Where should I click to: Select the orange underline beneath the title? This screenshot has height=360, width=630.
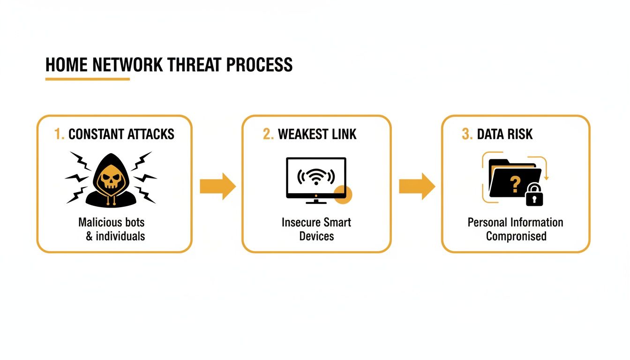[87, 79]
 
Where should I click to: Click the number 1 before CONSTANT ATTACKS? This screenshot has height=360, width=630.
[59, 135]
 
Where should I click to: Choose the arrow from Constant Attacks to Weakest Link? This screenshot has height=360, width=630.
[217, 186]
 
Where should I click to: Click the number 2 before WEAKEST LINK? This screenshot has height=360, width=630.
[268, 135]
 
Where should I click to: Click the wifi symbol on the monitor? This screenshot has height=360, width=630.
[316, 177]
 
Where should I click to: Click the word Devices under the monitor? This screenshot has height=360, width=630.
[316, 236]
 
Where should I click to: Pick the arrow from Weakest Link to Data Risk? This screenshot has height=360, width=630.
[417, 186]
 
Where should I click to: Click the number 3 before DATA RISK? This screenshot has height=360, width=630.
[466, 135]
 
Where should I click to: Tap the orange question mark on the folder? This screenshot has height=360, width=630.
[515, 184]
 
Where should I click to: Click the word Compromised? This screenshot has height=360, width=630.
[516, 236]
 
